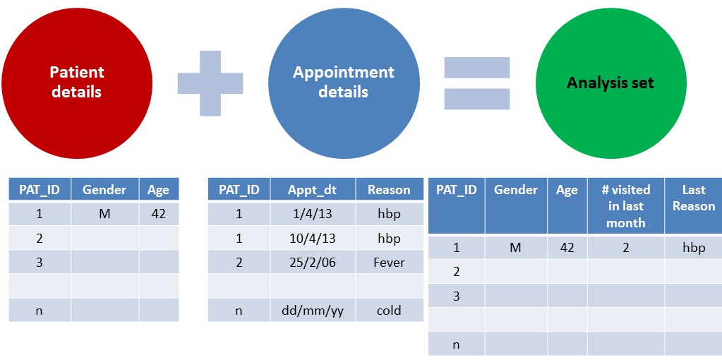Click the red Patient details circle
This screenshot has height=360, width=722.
click(77, 83)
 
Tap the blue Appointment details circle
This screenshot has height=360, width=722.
click(344, 83)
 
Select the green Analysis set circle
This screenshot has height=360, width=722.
click(610, 83)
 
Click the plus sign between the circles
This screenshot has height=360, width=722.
click(210, 83)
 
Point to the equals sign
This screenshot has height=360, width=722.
click(477, 83)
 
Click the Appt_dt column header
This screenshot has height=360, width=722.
click(313, 189)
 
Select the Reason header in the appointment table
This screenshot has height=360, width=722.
click(389, 189)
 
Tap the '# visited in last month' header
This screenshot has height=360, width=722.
click(625, 206)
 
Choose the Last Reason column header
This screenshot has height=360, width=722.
click(693, 198)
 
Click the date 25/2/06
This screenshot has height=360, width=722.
click(313, 263)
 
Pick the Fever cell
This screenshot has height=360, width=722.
click(389, 263)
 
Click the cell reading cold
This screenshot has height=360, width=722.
click(389, 310)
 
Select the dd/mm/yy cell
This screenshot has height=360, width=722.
click(313, 310)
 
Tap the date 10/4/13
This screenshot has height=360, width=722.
click(313, 239)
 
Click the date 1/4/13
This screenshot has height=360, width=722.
click(313, 214)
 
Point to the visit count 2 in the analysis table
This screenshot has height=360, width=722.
click(625, 248)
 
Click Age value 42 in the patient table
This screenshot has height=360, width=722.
click(158, 213)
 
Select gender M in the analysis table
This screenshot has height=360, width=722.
click(516, 248)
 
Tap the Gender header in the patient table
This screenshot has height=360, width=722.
click(104, 189)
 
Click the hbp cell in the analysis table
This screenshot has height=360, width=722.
click(693, 248)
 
